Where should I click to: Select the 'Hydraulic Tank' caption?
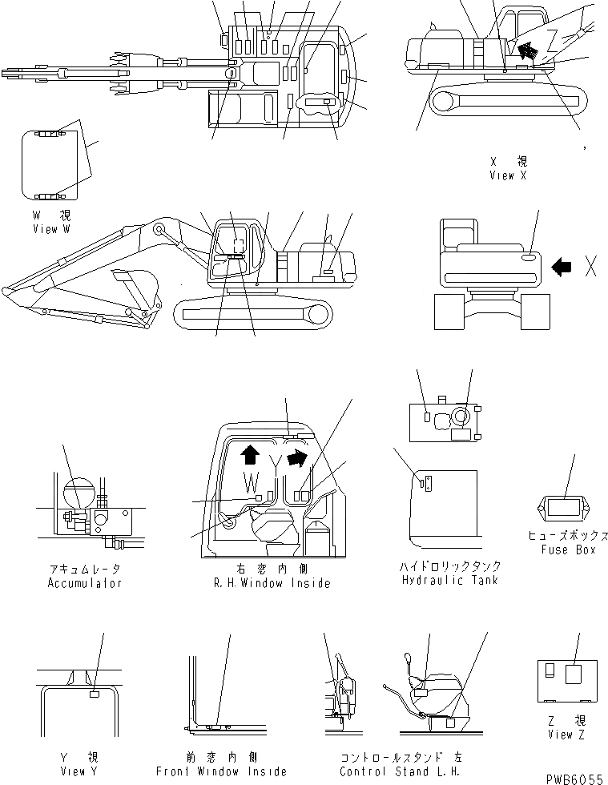tap(450, 579)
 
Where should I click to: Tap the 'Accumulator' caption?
tap(85, 583)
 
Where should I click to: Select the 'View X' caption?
tap(508, 175)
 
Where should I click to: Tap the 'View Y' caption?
tap(79, 771)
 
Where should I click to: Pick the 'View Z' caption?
tap(566, 735)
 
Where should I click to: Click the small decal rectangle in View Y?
tap(94, 696)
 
